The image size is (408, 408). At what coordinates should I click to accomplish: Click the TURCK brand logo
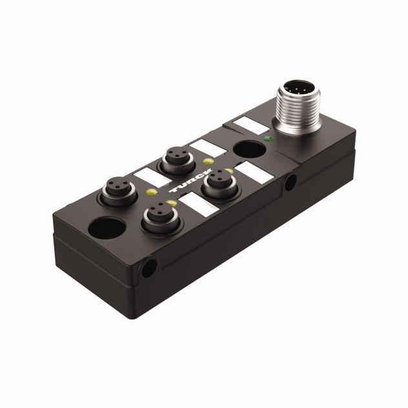click(x=185, y=185)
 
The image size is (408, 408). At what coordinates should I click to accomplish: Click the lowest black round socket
click(x=156, y=216)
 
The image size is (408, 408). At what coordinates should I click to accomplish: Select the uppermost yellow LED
click(x=207, y=161)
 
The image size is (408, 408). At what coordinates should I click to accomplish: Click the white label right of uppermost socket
click(x=207, y=147)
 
